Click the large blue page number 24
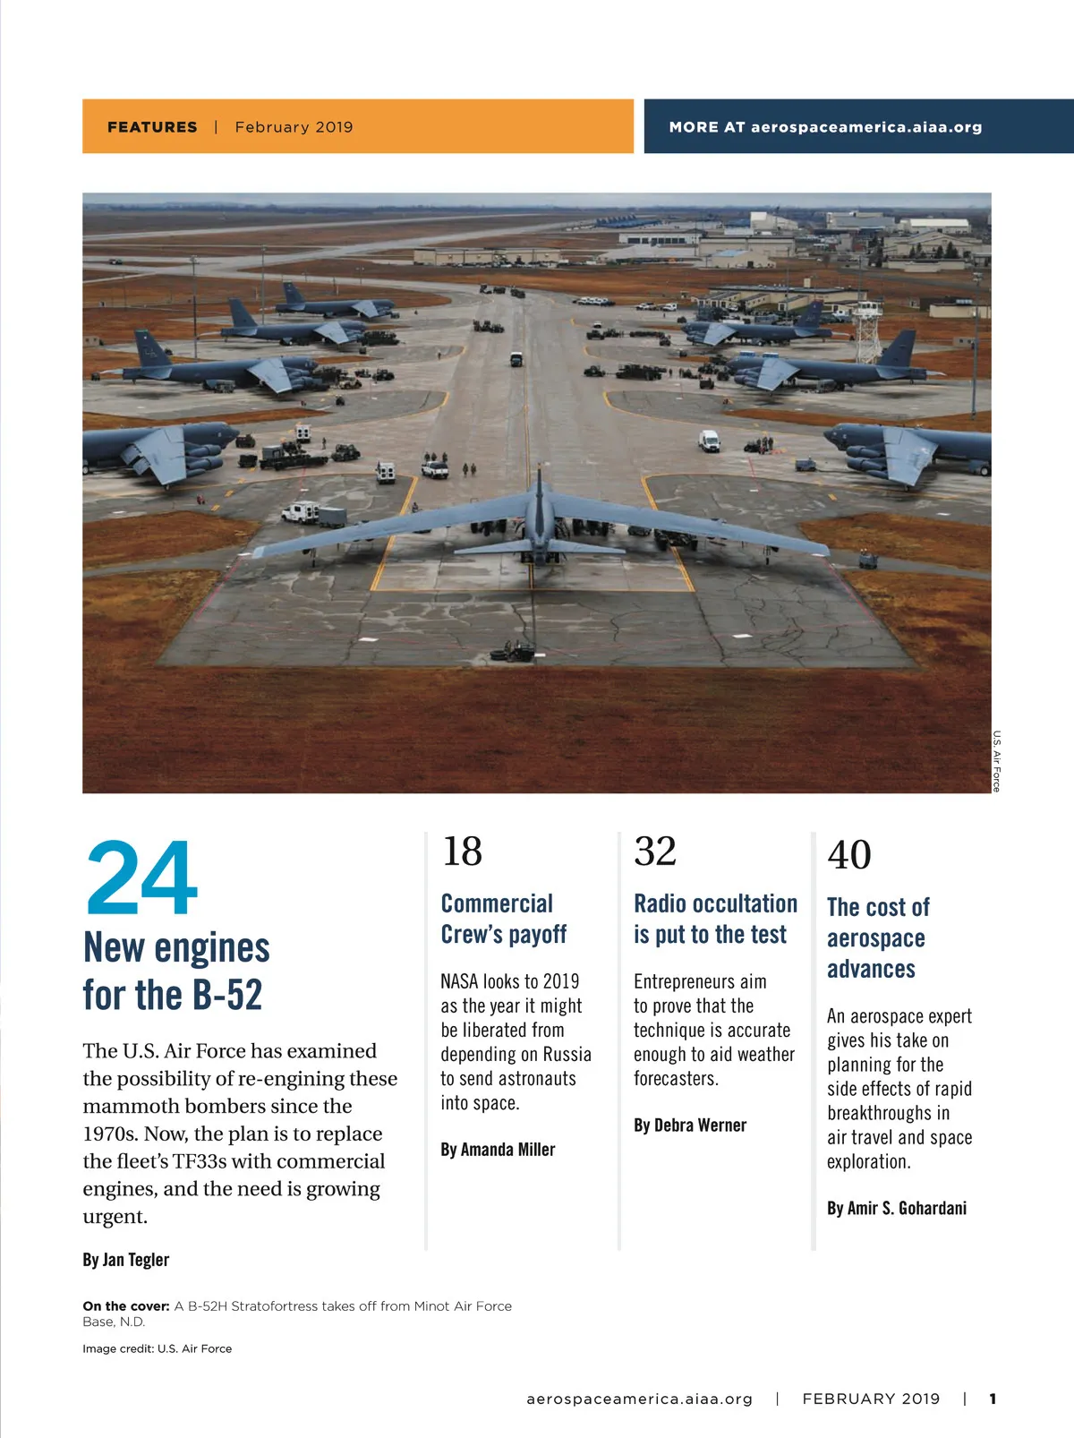pyautogui.click(x=141, y=877)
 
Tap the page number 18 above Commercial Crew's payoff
pyautogui.click(x=462, y=852)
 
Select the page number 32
pyautogui.click(x=655, y=852)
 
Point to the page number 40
pyautogui.click(x=849, y=855)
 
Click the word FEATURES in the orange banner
pyautogui.click(x=152, y=127)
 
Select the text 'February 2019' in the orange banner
pyautogui.click(x=294, y=127)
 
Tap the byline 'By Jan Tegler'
pyautogui.click(x=125, y=1260)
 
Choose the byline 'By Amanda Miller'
pyautogui.click(x=498, y=1150)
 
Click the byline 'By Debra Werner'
pyautogui.click(x=689, y=1126)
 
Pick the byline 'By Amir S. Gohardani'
pyautogui.click(x=896, y=1209)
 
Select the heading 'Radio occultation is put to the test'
pyautogui.click(x=714, y=919)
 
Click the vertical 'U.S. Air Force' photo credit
pyautogui.click(x=996, y=761)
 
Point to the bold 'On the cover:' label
pyautogui.click(x=126, y=1306)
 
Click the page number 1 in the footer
pyautogui.click(x=993, y=1399)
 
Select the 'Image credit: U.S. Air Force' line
pyautogui.click(x=157, y=1348)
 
